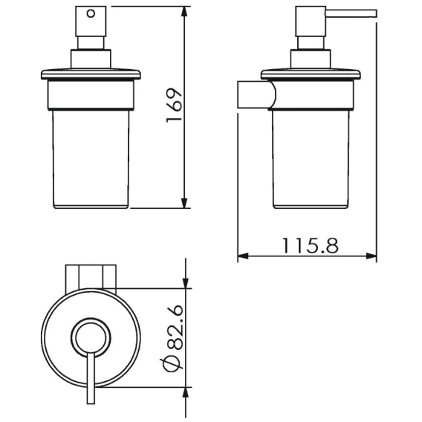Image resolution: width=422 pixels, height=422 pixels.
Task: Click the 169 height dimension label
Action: point(174,105)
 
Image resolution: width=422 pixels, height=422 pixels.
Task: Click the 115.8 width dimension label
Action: point(311,245)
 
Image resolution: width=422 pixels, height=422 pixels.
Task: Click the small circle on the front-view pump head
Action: point(91,13)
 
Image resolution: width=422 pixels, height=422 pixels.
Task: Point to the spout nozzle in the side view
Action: point(351,13)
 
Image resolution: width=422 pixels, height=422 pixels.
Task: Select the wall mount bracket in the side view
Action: point(256,94)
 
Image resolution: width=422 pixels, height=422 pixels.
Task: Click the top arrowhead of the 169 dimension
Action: point(184,11)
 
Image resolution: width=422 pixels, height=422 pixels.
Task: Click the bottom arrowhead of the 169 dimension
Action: point(184,203)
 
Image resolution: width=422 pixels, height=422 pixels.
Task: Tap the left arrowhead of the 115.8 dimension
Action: point(243,256)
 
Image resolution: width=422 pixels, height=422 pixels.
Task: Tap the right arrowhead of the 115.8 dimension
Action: point(371,256)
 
